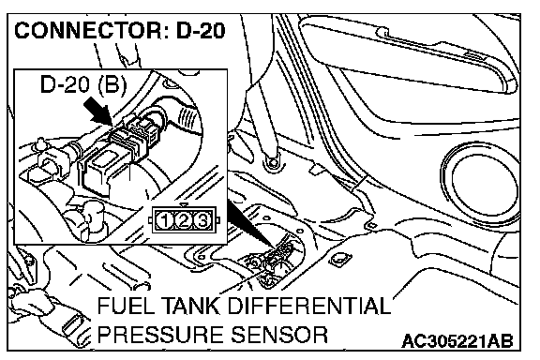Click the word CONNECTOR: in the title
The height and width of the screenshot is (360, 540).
(x=88, y=31)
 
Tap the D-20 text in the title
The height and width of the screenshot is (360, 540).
(x=201, y=31)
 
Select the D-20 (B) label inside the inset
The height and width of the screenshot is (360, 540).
(x=83, y=84)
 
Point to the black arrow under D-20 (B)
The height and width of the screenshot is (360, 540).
(x=98, y=111)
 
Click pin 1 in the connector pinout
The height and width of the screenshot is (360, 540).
(x=164, y=220)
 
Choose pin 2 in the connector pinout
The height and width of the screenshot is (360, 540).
(x=183, y=220)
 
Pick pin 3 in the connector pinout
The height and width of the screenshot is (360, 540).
(x=202, y=220)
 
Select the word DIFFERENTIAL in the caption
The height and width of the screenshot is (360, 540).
(x=309, y=306)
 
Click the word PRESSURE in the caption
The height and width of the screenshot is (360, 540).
(x=161, y=334)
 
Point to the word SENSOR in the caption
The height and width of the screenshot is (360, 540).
(x=279, y=334)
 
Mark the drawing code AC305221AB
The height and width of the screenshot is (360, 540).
(x=457, y=341)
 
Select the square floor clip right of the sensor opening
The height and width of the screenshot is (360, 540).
(x=340, y=260)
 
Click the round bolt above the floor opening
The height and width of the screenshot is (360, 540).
(x=273, y=162)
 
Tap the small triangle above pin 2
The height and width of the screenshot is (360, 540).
(x=184, y=204)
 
